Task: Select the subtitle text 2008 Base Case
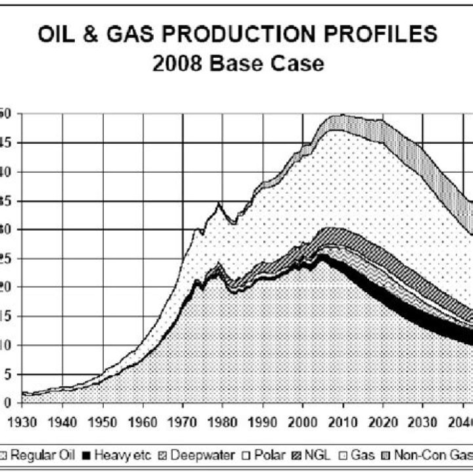click(238, 64)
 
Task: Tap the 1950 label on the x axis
click(102, 415)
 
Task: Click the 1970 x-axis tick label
click(183, 415)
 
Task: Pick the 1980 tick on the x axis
click(223, 415)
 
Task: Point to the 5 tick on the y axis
click(6, 374)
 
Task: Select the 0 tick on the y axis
click(6, 403)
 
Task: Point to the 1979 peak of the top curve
click(219, 204)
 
